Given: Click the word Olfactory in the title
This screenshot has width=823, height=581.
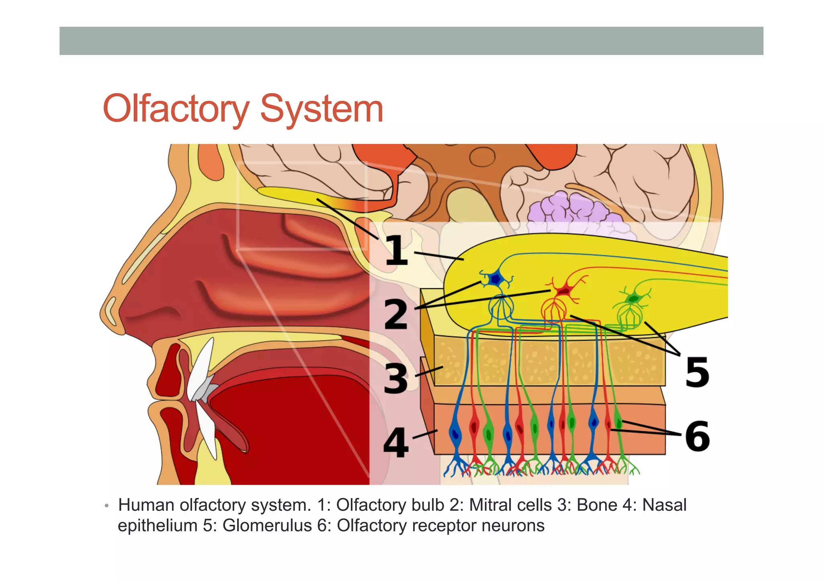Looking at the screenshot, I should pyautogui.click(x=176, y=109).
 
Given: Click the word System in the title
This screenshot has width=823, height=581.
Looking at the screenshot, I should pyautogui.click(x=321, y=109).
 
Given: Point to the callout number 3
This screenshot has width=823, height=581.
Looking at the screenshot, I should pyautogui.click(x=395, y=378).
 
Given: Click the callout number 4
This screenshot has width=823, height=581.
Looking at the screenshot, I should pyautogui.click(x=395, y=443).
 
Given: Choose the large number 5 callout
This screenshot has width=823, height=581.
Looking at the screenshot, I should pyautogui.click(x=697, y=373).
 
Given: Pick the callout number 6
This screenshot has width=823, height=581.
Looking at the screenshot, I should pyautogui.click(x=697, y=436).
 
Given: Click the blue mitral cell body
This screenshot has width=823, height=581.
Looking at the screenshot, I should pyautogui.click(x=496, y=278).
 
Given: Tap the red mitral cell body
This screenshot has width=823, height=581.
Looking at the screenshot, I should pyautogui.click(x=565, y=290).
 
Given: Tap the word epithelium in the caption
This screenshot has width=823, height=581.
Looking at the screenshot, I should pyautogui.click(x=158, y=526).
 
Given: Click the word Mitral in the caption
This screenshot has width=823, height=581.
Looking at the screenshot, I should pyautogui.click(x=491, y=505).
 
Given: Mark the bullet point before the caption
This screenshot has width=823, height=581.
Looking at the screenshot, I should pyautogui.click(x=106, y=506).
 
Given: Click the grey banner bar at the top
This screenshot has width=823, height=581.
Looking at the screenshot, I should pyautogui.click(x=411, y=41).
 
